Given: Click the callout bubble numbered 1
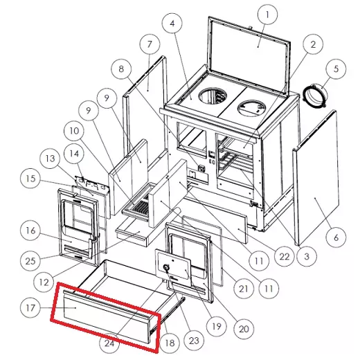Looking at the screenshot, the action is tap(267, 15).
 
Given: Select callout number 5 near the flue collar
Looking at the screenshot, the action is tap(336, 69).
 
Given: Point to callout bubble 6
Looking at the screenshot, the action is tap(336, 237).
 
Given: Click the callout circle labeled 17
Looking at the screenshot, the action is tap(30, 307).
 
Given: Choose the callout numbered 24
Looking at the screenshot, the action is tap(109, 343).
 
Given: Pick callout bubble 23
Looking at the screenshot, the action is tap(194, 341).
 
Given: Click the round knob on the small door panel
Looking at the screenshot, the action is tap(166, 268).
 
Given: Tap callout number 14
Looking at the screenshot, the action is tap(74, 154).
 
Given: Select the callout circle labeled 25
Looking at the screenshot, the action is tap(30, 261).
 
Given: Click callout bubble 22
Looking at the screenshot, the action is tap(285, 256).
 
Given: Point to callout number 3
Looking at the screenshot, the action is tap(307, 256).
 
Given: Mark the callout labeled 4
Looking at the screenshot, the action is tap(172, 24).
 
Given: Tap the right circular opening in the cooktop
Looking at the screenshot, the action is tap(251, 108).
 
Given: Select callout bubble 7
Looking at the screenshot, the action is tap(150, 44).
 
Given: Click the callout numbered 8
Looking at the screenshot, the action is tap(121, 69).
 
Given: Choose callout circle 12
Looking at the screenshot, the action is tap(44, 282).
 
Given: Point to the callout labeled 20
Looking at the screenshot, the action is tap(244, 329).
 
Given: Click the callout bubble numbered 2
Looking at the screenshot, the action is tap(313, 44).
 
